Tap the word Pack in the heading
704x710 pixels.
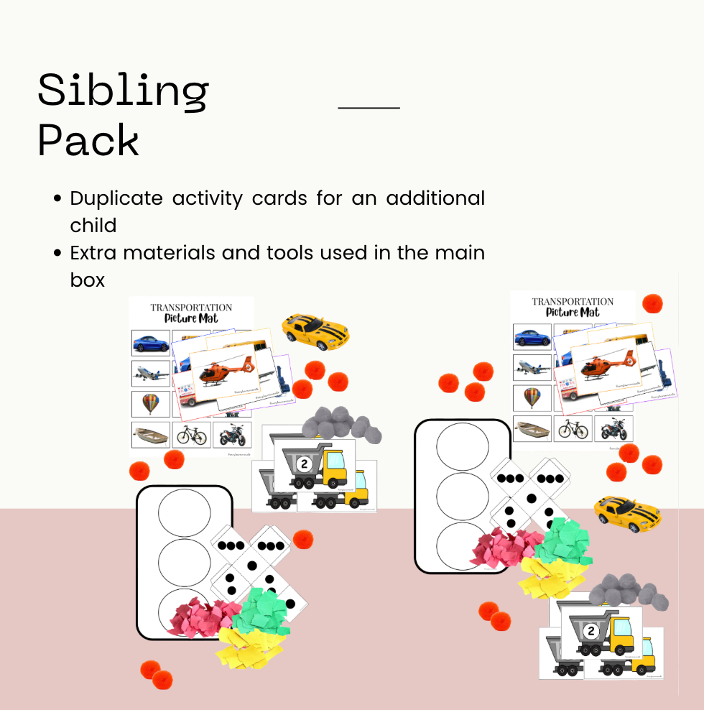pyautogui.click(x=88, y=140)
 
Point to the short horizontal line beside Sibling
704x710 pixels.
pyautogui.click(x=369, y=108)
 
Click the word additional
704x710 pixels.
pyautogui.click(x=435, y=198)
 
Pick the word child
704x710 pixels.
pyautogui.click(x=93, y=225)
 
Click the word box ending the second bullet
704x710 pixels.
pyautogui.click(x=88, y=280)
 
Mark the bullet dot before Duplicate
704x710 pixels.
pyautogui.click(x=58, y=198)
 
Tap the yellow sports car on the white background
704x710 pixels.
pyautogui.click(x=315, y=331)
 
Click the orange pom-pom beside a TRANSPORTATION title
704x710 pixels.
pyautogui.click(x=652, y=303)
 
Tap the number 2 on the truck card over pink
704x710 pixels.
pyautogui.click(x=591, y=631)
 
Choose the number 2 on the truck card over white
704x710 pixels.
pyautogui.click(x=304, y=464)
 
